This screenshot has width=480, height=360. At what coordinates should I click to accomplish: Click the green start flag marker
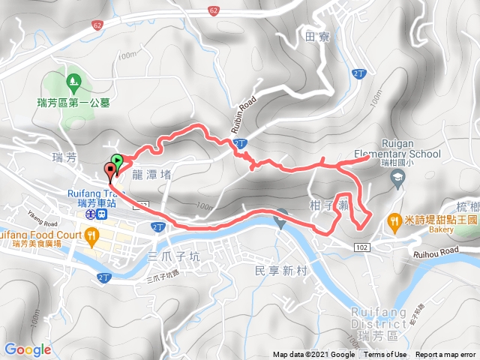[x=117, y=160]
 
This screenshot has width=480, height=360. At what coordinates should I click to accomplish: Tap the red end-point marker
[x=111, y=172]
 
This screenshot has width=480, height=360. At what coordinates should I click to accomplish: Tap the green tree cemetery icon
[x=73, y=79]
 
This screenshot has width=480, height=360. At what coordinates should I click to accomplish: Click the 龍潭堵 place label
[x=151, y=174]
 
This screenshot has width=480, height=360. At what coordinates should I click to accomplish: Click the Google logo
[x=28, y=349]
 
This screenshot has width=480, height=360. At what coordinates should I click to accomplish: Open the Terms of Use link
[x=385, y=355]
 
